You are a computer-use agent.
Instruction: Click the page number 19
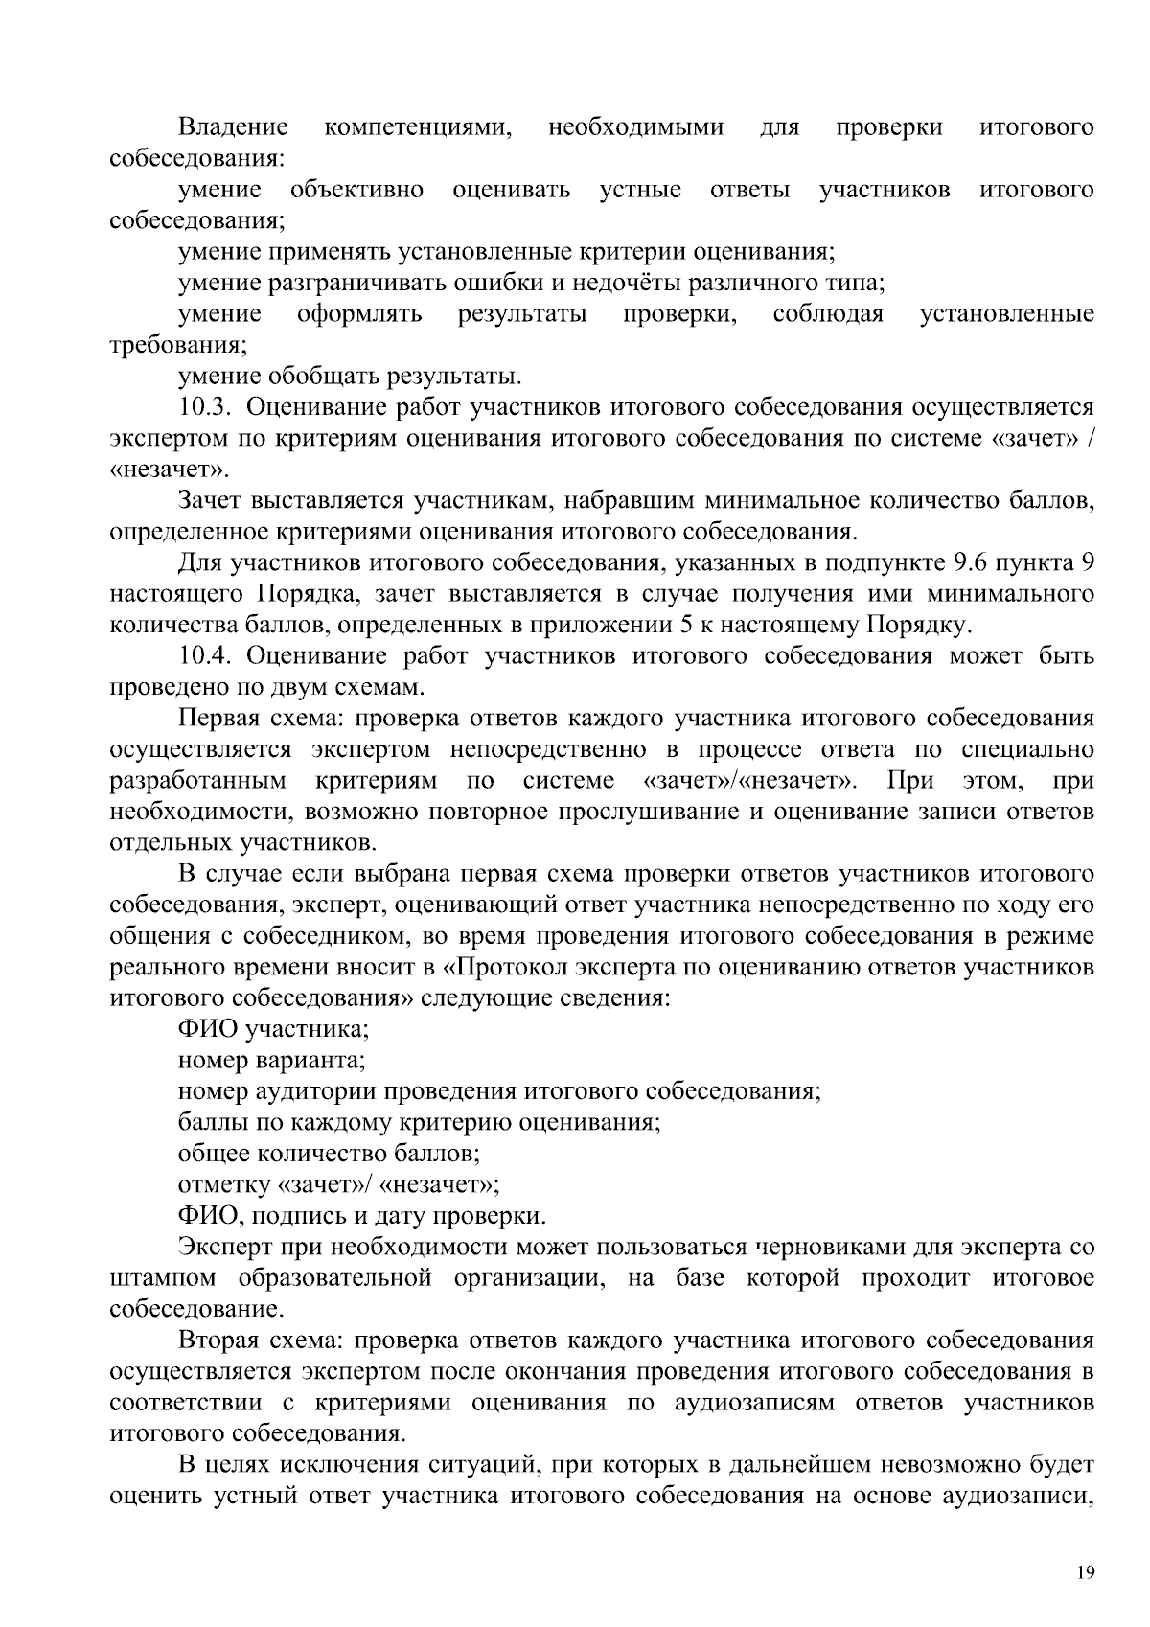pos(1085,1572)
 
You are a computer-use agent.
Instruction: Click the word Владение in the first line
pos(233,127)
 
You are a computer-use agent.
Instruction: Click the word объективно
pos(357,190)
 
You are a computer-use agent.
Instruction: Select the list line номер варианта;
pos(271,1061)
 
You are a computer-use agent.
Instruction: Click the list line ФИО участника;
pos(274,1029)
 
